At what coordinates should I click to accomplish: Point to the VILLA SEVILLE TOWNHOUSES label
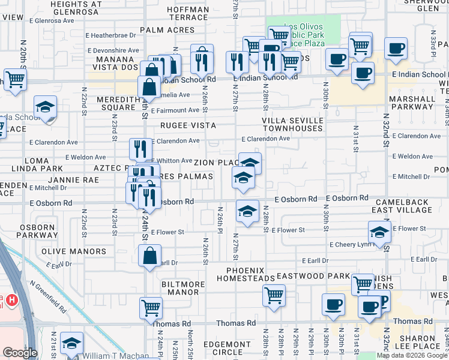pyautogui.click(x=292, y=125)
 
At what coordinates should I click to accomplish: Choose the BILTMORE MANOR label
pyautogui.click(x=179, y=287)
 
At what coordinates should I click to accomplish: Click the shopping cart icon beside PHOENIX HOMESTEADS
pyautogui.click(x=274, y=295)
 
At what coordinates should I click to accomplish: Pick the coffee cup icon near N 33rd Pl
pyautogui.click(x=396, y=48)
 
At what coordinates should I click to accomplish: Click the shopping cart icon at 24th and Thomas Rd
pyautogui.click(x=151, y=307)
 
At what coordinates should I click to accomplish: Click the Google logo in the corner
pyautogui.click(x=20, y=353)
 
